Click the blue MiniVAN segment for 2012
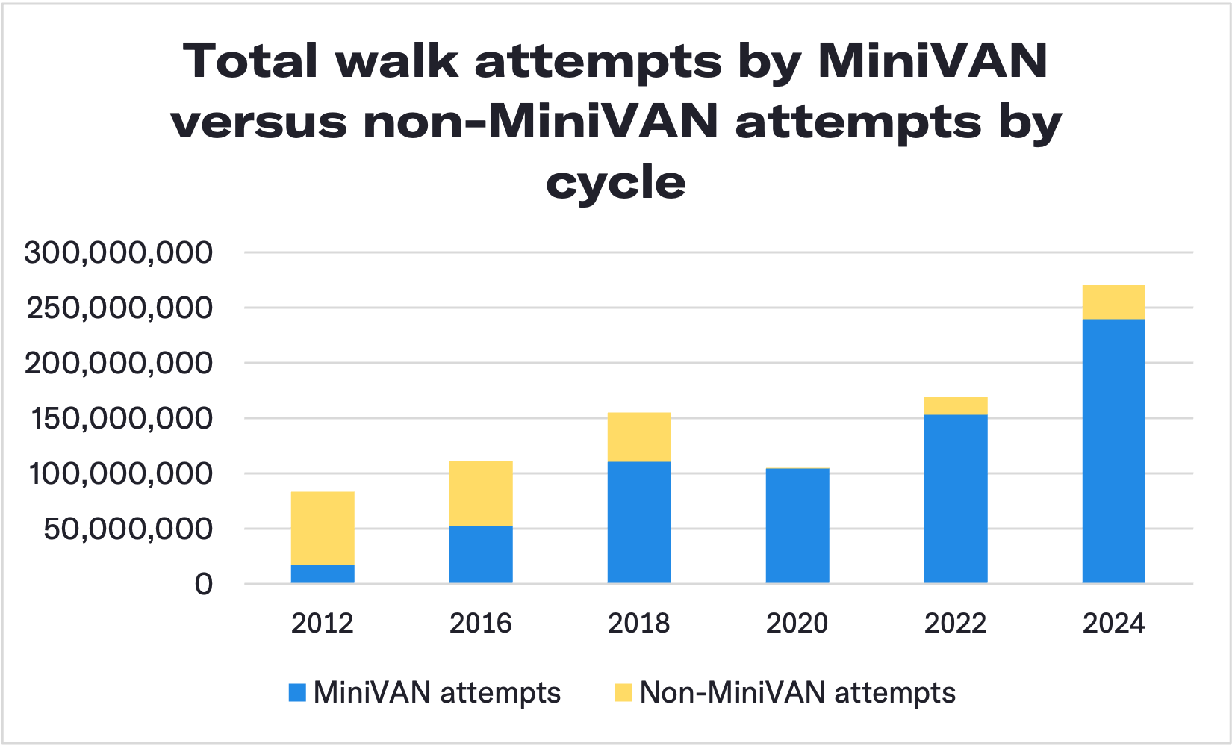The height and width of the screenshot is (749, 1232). tap(323, 574)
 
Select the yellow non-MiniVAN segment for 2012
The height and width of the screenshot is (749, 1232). tap(323, 528)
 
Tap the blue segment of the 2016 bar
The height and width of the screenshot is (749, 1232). tap(481, 554)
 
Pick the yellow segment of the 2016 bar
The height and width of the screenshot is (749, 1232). tap(481, 494)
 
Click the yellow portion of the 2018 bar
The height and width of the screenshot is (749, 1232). tap(639, 437)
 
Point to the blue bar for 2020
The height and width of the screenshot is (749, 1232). tap(797, 526)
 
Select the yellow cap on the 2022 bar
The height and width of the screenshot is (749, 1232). tap(956, 405)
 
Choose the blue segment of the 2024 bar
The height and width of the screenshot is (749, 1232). tap(1113, 451)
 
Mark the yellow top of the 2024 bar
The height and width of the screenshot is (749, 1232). tap(1113, 302)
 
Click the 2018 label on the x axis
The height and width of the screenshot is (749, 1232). tap(639, 623)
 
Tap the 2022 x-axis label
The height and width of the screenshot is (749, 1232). tap(956, 623)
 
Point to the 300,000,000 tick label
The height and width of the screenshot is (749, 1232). tap(118, 252)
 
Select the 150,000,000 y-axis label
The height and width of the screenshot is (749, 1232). tap(122, 418)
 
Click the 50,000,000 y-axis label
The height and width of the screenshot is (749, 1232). tap(128, 529)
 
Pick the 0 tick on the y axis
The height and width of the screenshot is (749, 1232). tap(204, 584)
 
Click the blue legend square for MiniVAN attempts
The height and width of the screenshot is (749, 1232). tap(297, 692)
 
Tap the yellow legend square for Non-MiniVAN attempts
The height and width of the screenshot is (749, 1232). tap(623, 692)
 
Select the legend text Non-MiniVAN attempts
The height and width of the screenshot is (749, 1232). tap(797, 692)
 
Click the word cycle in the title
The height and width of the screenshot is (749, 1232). tap(615, 182)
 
